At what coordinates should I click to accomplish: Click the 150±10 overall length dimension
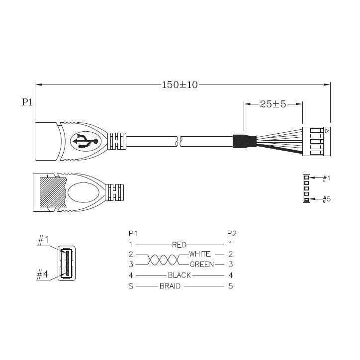click(180, 85)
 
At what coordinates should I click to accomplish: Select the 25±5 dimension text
click(273, 104)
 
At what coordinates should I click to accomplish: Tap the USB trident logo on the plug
click(85, 141)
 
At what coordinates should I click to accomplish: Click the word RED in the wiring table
click(179, 245)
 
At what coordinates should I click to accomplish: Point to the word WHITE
click(199, 254)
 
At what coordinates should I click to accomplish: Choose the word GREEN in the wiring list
click(202, 265)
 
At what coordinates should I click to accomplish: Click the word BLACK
click(180, 275)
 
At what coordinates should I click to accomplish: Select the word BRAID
click(170, 286)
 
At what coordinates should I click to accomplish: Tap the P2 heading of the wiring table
click(232, 234)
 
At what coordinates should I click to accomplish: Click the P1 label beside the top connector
click(27, 102)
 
